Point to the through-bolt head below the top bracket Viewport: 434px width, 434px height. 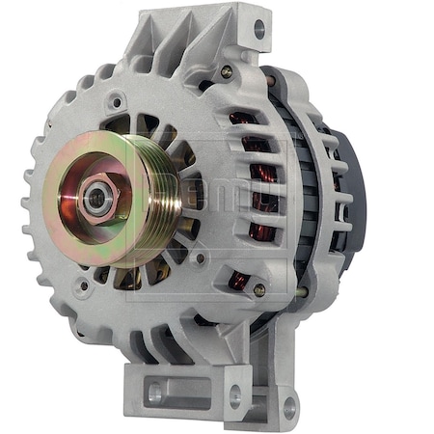point(226,71)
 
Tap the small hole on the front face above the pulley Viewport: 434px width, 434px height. point(116,99)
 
